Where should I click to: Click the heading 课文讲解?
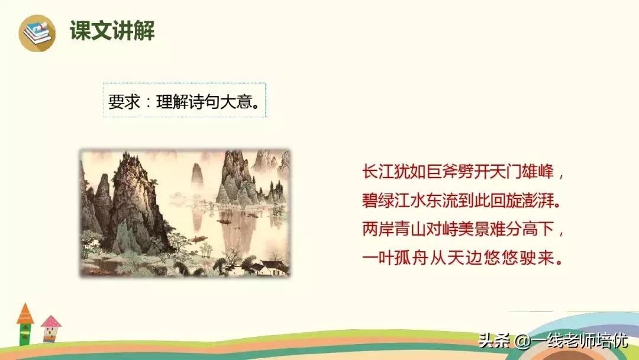pos(112,31)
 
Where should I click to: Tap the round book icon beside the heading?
pos(37,32)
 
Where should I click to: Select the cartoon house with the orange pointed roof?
pos(25,323)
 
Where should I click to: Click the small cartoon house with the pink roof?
pos(51,327)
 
